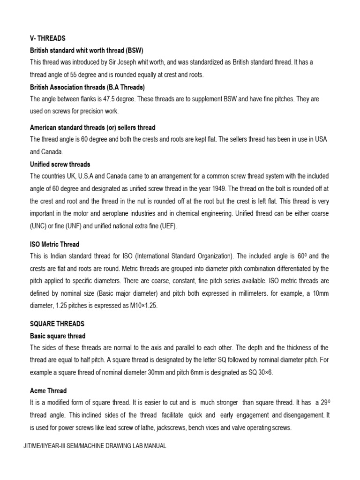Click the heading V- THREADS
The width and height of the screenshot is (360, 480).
click(x=48, y=38)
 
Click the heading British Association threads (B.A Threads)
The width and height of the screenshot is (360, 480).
click(x=88, y=87)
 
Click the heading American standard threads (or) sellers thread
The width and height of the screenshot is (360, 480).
click(x=92, y=127)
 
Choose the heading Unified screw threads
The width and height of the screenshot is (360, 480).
click(x=60, y=164)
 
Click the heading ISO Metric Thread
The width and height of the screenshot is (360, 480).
click(x=55, y=244)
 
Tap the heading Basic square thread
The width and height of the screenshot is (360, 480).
click(x=58, y=336)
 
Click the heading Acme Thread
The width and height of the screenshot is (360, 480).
click(x=48, y=390)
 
